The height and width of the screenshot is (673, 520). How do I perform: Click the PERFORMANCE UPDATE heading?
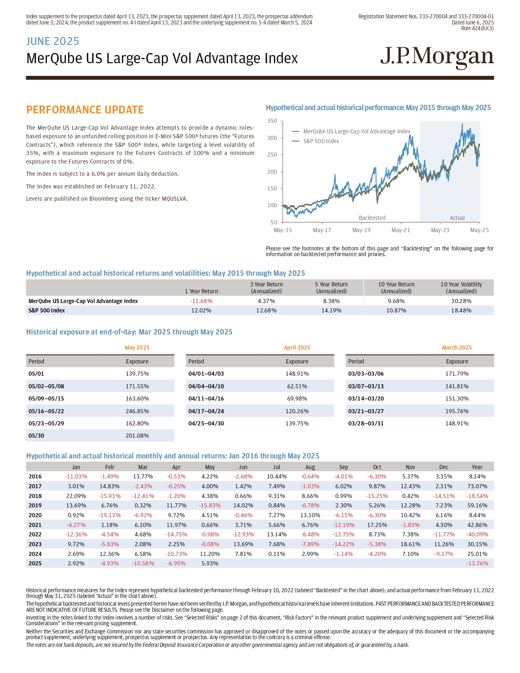(x=85, y=110)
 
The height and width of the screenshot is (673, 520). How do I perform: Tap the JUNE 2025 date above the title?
(x=53, y=41)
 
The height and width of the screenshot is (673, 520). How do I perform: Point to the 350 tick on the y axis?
(x=272, y=121)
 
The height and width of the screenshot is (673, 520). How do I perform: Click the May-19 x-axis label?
(x=361, y=230)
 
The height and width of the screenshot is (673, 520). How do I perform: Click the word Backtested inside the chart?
(x=372, y=218)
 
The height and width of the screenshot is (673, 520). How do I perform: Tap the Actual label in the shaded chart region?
(x=457, y=218)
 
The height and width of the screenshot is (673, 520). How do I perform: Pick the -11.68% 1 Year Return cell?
(x=201, y=301)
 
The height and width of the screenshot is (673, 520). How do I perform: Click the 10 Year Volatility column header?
(x=461, y=288)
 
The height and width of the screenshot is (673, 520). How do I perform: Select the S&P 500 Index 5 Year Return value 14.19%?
(x=332, y=310)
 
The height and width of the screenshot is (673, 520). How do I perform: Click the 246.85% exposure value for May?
(x=137, y=411)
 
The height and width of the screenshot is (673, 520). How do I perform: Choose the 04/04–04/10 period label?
(x=206, y=386)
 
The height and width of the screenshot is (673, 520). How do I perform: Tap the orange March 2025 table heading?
(x=457, y=348)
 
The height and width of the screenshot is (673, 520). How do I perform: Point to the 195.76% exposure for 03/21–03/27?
(x=457, y=411)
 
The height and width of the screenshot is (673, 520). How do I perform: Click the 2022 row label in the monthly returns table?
(x=35, y=534)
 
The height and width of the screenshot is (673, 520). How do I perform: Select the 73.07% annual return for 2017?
(x=477, y=486)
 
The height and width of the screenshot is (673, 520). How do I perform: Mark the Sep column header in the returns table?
(x=343, y=467)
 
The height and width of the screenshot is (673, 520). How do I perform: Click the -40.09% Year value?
(x=477, y=534)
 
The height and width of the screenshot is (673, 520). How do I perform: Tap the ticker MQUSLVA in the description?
(x=175, y=199)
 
